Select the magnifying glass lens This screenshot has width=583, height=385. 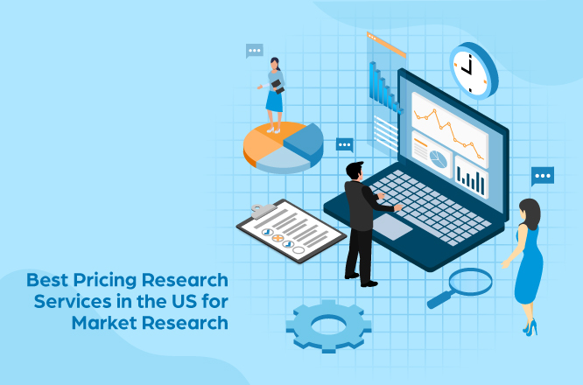(470, 282)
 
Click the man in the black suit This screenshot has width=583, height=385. (360, 219)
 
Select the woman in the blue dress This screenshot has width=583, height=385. (527, 262)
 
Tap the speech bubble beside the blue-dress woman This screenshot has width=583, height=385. (543, 176)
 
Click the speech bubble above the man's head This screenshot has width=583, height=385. (344, 144)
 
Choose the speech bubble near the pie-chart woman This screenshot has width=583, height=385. (255, 51)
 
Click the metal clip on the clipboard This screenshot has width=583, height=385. (261, 210)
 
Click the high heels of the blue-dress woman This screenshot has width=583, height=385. (530, 327)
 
